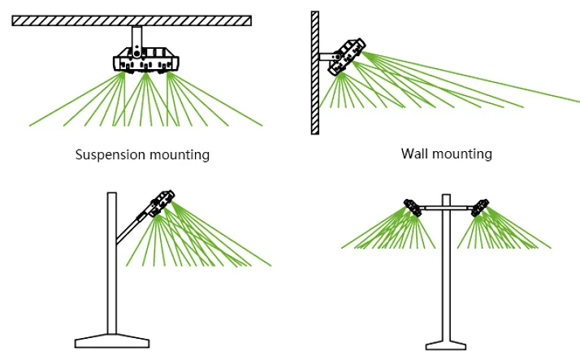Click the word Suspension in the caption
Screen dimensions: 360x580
109,154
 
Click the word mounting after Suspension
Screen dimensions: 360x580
177,154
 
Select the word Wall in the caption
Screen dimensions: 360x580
415,153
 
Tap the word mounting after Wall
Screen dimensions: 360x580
463,153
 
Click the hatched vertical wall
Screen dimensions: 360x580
315,73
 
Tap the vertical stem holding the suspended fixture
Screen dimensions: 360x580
137,37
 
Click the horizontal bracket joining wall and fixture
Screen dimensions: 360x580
327,57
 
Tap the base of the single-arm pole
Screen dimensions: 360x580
112,340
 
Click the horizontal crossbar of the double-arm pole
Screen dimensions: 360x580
446,209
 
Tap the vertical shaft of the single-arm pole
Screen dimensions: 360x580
112,268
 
